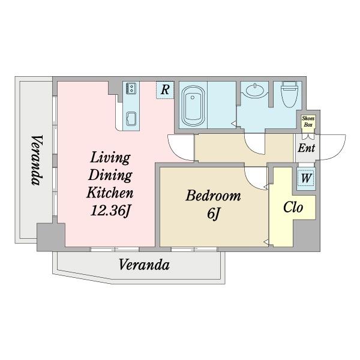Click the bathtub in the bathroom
[193, 106]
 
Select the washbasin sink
[254, 90]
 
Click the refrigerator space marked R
[165, 90]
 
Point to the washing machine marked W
[306, 178]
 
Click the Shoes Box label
[308, 121]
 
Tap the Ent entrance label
[306, 148]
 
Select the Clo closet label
[293, 208]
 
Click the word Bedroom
[213, 196]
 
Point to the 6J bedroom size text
[214, 214]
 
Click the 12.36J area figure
[110, 211]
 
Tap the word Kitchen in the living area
[110, 193]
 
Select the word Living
[110, 158]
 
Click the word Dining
[110, 176]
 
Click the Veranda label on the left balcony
[37, 160]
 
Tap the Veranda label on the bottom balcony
[144, 265]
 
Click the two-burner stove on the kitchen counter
[131, 88]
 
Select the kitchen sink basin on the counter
[131, 118]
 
